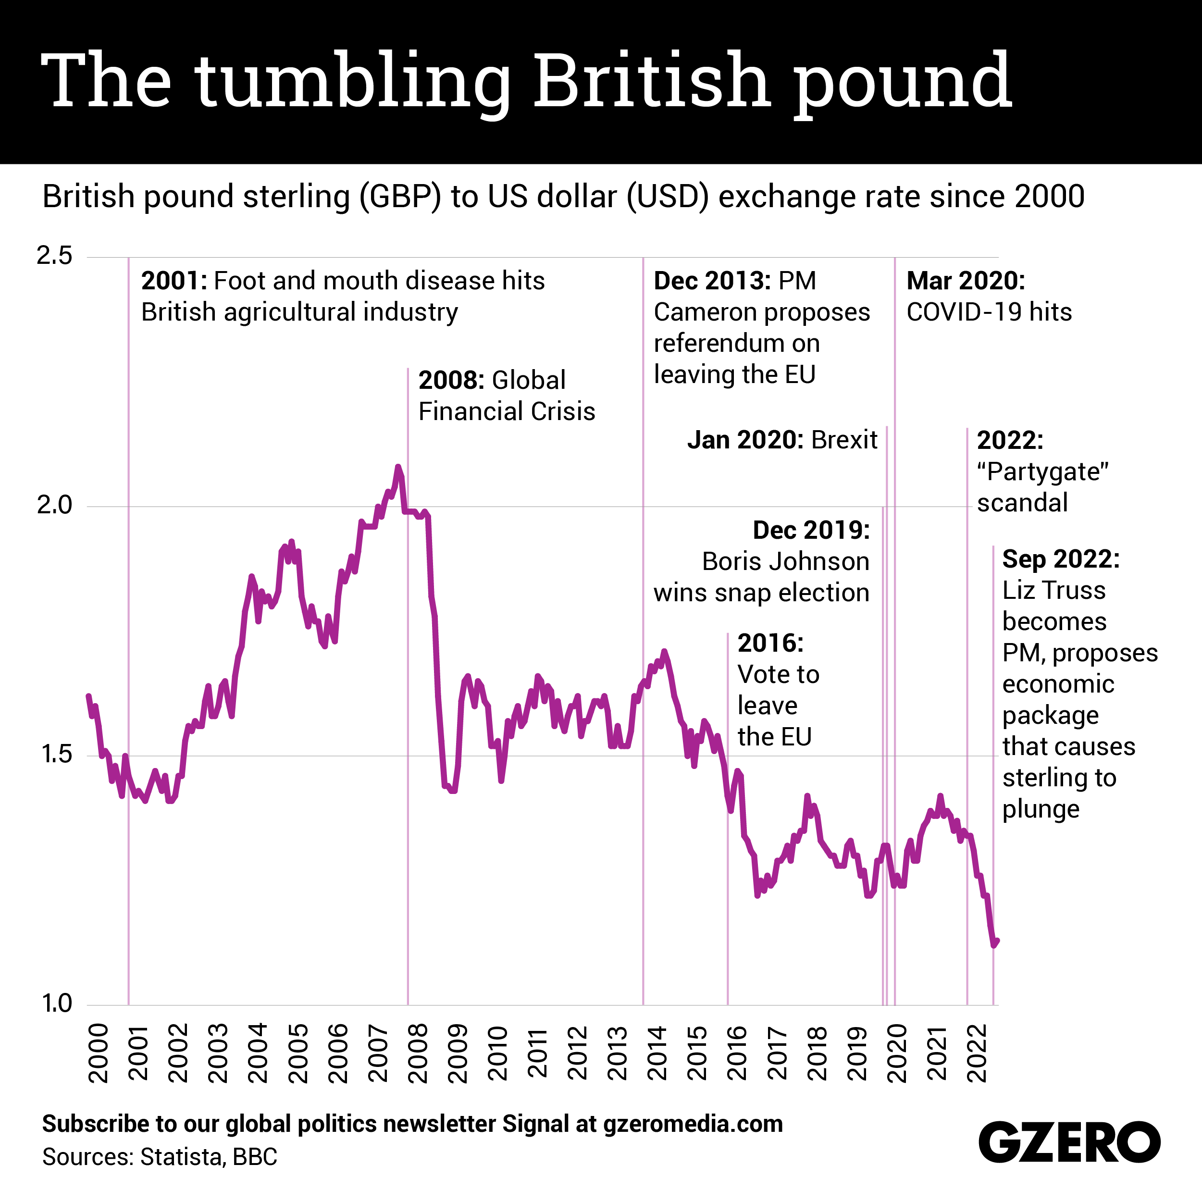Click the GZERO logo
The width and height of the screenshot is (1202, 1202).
pyautogui.click(x=1069, y=1141)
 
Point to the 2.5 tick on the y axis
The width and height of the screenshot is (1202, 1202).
pyautogui.click(x=55, y=256)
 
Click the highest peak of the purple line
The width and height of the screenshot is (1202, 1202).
pyautogui.click(x=398, y=467)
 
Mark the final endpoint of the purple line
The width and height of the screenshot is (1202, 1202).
pyautogui.click(x=997, y=941)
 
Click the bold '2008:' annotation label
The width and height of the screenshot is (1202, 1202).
pyautogui.click(x=451, y=381)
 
